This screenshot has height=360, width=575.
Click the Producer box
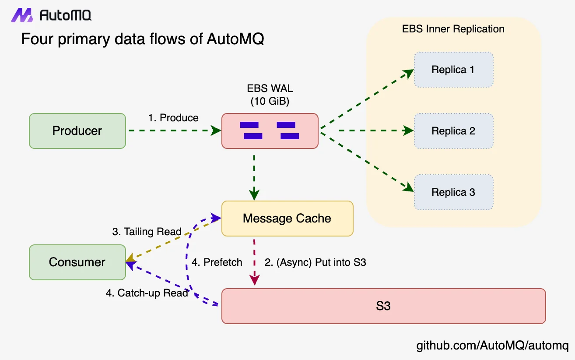click(77, 131)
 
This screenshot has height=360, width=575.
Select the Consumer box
click(77, 262)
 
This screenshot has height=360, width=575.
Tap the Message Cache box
click(287, 218)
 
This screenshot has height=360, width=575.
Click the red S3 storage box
click(383, 306)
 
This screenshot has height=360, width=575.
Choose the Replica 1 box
click(453, 69)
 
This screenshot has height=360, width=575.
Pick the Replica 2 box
click(453, 131)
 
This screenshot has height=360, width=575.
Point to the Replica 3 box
click(453, 192)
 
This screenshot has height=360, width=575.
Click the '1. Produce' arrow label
click(173, 118)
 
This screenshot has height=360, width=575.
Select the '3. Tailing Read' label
click(147, 232)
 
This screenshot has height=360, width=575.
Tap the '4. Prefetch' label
click(217, 262)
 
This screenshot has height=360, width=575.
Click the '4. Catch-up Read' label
click(147, 293)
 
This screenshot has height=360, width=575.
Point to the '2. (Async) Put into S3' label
click(315, 262)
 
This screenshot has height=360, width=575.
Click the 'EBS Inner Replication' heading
click(453, 29)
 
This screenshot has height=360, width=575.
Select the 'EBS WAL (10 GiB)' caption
click(270, 95)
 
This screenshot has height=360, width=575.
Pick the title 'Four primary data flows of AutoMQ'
click(143, 39)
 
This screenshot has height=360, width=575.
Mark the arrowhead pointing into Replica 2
click(409, 131)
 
